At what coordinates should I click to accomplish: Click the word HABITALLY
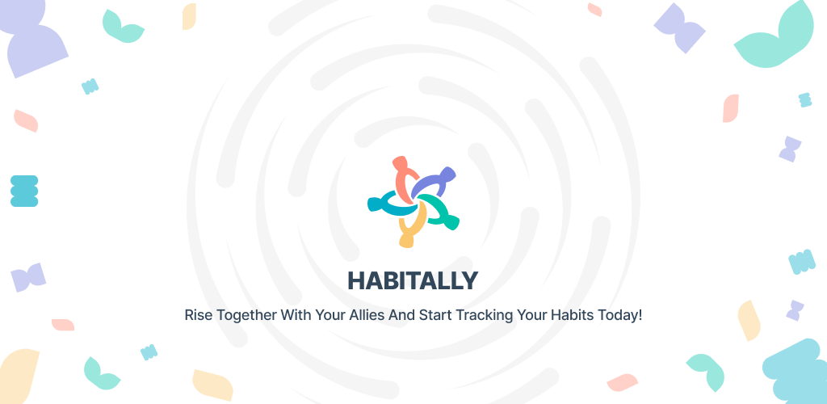click(x=413, y=280)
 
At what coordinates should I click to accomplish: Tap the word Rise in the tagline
click(x=194, y=315)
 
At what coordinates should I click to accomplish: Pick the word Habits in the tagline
click(x=573, y=315)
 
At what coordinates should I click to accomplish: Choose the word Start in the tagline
click(x=435, y=315)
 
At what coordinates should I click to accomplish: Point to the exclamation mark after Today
click(x=640, y=315)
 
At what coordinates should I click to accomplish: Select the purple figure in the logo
click(x=433, y=181)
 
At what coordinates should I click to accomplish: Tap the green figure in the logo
click(x=440, y=212)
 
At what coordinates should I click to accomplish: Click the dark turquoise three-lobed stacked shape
click(x=24, y=191)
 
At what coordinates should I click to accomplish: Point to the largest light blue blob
click(x=796, y=372)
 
